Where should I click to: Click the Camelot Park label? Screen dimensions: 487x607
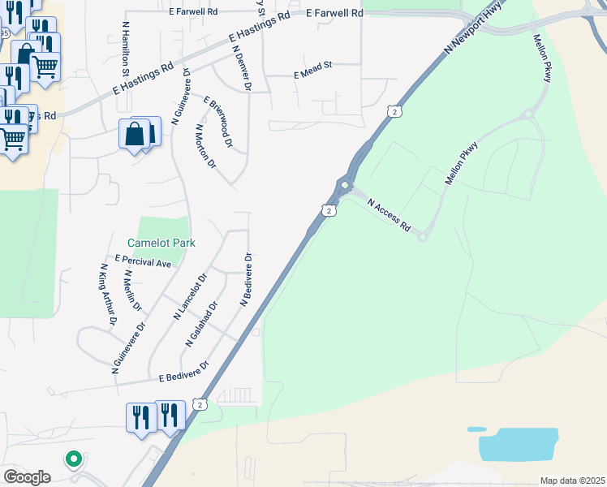[x=161, y=243]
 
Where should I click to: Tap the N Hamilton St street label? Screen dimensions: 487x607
[x=127, y=50]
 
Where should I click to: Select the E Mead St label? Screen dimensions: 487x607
[x=313, y=75]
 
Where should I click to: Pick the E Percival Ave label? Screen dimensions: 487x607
[x=143, y=262]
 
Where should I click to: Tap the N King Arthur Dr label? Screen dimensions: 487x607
[x=108, y=295]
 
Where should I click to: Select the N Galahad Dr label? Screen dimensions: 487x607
[x=203, y=325]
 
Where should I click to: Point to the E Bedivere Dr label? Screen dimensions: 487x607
[x=184, y=372]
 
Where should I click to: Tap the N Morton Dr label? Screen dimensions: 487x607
[x=206, y=146]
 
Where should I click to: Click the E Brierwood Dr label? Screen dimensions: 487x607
[x=218, y=123]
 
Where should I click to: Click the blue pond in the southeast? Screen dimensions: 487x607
[x=519, y=444]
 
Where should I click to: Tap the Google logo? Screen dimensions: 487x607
[x=27, y=477]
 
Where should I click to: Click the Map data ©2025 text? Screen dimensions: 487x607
[x=572, y=481]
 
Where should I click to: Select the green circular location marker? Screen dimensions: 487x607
[x=73, y=459]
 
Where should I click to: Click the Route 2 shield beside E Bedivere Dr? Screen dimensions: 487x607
[x=199, y=404]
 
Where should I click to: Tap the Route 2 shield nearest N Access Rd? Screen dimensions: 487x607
[x=328, y=210]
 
